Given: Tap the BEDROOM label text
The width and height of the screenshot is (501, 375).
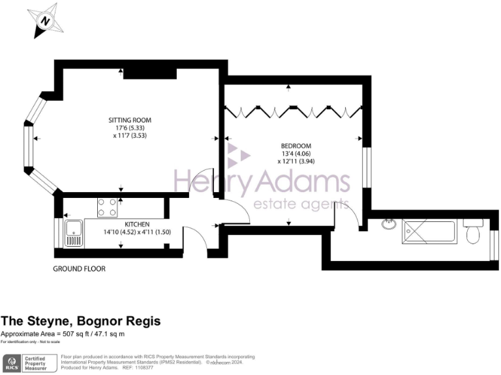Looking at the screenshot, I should tap(296, 145).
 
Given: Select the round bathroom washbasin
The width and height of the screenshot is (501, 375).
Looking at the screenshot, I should tap(389, 225).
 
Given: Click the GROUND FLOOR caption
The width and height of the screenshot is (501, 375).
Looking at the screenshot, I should tap(80, 268).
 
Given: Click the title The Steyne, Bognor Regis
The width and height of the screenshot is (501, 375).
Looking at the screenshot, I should tap(80, 321).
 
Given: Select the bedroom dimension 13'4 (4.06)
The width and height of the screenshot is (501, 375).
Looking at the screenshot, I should tap(296, 153).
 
